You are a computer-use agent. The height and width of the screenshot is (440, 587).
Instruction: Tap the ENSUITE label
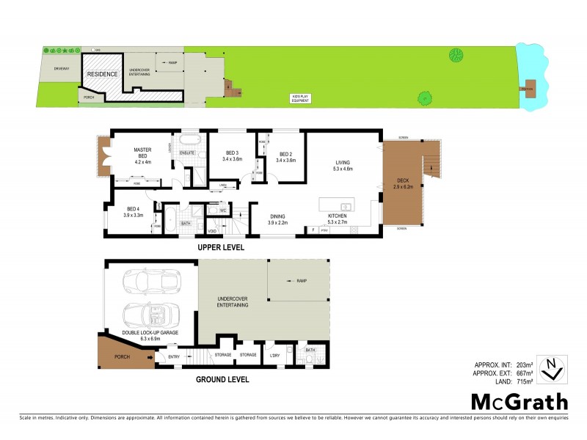coord(187,152)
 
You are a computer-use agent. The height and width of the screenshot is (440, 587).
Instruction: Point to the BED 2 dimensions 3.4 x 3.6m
coord(285,160)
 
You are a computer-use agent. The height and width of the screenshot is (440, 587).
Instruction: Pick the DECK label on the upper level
coord(404,180)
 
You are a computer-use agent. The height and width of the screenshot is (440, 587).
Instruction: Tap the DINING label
coord(277,216)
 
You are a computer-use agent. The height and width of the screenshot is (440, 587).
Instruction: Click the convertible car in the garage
coord(147,312)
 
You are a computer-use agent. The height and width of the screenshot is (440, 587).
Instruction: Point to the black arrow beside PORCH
coord(151,358)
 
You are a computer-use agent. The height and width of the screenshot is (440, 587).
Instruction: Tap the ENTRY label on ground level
coord(174,357)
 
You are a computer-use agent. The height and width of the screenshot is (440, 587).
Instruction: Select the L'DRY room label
coord(275,355)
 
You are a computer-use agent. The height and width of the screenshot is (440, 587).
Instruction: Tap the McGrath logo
coord(519,401)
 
